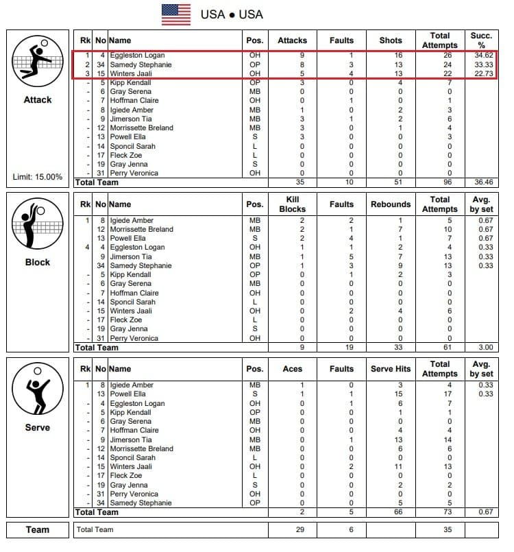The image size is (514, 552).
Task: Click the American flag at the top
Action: [176, 14]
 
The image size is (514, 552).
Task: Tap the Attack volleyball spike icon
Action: [38, 60]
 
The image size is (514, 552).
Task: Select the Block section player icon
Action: [38, 225]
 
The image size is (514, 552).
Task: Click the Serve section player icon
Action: [38, 389]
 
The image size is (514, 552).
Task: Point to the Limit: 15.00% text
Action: [38, 177]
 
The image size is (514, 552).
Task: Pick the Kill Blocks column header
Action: [293, 204]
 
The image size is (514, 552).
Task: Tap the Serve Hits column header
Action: [391, 369]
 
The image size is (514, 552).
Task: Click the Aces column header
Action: [293, 369]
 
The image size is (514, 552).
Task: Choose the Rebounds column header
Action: [391, 204]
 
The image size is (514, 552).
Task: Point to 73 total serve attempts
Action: [440, 512]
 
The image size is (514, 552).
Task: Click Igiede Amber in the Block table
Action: [132, 220]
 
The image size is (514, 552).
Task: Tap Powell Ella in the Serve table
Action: [129, 394]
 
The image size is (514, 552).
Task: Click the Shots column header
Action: [391, 40]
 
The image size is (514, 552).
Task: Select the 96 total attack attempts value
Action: [440, 182]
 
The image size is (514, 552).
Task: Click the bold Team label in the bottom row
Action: [38, 530]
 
